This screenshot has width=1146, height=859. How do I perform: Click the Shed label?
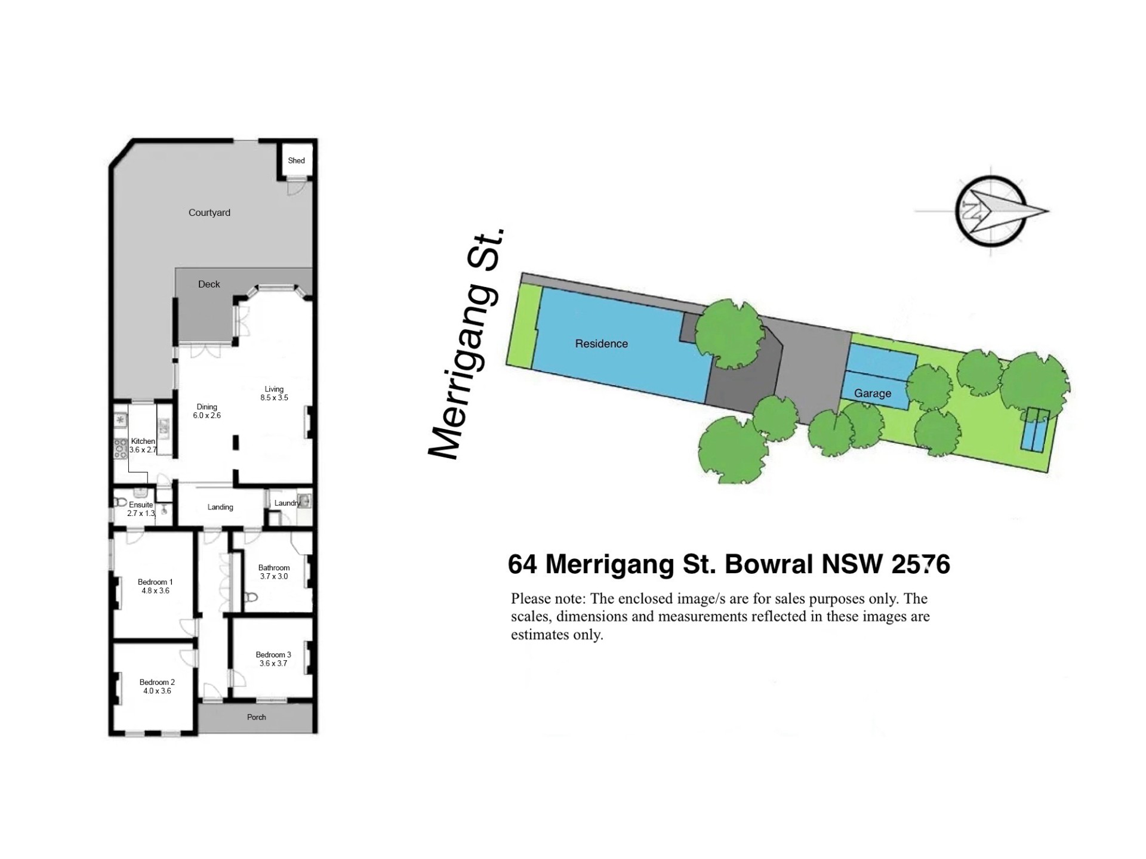(x=296, y=160)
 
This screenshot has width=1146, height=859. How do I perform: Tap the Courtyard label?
(x=209, y=212)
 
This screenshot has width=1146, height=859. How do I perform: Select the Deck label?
(x=209, y=284)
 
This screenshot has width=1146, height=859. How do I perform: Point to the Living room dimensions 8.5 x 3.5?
(x=274, y=398)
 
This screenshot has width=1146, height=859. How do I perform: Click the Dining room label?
(x=207, y=407)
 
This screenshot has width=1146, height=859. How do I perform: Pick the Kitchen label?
(x=143, y=441)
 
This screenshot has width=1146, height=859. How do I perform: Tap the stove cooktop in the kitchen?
(x=121, y=447)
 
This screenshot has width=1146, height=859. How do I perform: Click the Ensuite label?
(x=141, y=505)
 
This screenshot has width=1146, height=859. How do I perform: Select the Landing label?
(x=220, y=507)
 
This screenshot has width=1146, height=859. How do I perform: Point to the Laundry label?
(x=287, y=503)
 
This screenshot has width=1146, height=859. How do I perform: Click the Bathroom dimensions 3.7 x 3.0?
(x=274, y=576)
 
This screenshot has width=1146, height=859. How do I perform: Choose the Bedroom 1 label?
(x=155, y=582)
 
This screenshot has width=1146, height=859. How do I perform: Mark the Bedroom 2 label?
(x=157, y=682)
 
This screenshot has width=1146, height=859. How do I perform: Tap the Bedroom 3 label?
(x=273, y=655)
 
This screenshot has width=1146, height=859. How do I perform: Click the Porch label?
(x=257, y=717)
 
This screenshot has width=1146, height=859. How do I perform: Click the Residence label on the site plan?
(x=601, y=344)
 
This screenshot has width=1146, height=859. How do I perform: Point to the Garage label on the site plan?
(x=873, y=394)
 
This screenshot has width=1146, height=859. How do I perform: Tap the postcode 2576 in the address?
(x=920, y=564)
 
